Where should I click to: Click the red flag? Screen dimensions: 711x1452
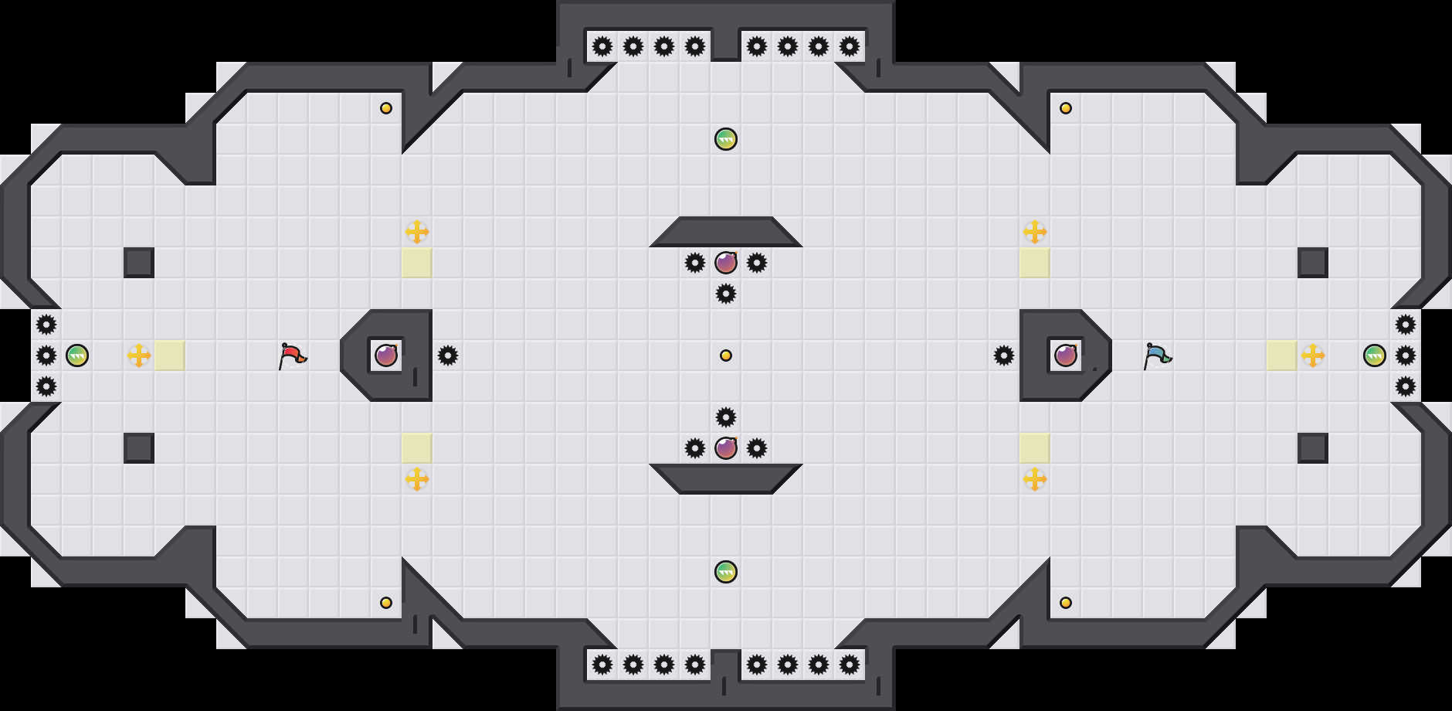[292, 355]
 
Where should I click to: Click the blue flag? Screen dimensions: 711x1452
[1157, 355]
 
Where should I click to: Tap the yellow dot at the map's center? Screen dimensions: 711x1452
[726, 355]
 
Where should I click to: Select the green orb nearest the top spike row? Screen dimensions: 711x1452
[726, 139]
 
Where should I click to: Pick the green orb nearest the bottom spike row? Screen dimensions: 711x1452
[726, 572]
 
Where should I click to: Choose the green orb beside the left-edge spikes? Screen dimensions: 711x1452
[77, 355]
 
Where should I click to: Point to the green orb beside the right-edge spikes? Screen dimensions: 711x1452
[1375, 355]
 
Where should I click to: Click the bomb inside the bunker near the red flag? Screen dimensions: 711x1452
[386, 355]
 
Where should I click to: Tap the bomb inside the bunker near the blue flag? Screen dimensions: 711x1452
[1066, 355]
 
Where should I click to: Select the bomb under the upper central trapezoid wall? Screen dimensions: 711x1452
[726, 263]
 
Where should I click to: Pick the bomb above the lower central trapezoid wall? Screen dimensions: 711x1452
[726, 448]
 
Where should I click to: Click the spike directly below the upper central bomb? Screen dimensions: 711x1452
[726, 294]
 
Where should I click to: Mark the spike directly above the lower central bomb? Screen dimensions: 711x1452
[726, 417]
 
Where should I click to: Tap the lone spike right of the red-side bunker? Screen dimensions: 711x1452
[448, 355]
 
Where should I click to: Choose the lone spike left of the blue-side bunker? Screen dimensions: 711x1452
[1004, 355]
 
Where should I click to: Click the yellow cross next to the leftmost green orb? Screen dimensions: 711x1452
[139, 355]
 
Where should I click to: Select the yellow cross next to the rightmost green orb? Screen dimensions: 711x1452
[1313, 355]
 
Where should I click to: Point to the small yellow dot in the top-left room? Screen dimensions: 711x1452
[386, 108]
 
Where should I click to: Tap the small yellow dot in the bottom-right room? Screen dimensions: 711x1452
[1066, 603]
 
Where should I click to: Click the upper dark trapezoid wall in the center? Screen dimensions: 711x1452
[726, 232]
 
